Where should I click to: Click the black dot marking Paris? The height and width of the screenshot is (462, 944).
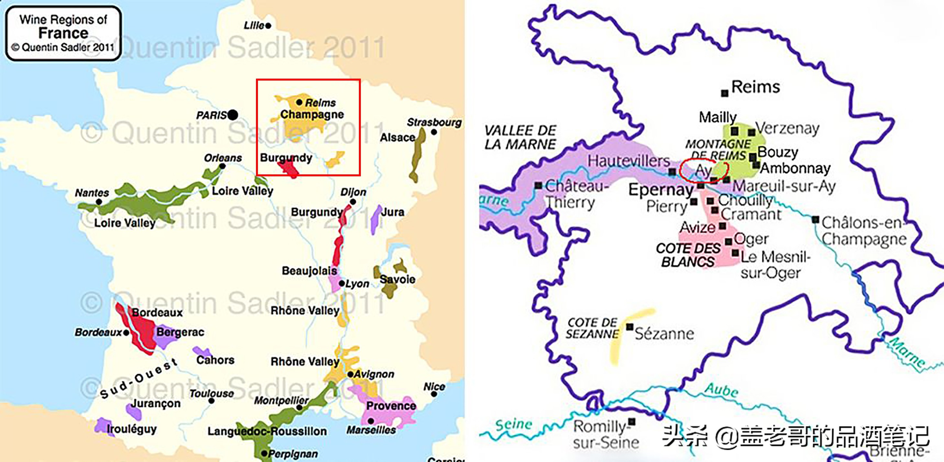233,115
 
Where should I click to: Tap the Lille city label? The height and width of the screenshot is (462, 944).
254,25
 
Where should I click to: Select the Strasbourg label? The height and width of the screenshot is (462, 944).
434,122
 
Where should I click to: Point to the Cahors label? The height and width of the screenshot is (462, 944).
215,360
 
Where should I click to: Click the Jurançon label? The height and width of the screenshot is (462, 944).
156,403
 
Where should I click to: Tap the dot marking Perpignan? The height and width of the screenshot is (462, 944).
264,453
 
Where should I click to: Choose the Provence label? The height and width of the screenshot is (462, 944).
391,406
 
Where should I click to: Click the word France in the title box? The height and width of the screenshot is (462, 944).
63,33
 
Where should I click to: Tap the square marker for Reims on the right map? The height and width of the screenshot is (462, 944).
725,93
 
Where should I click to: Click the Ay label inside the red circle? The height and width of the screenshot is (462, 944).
703,171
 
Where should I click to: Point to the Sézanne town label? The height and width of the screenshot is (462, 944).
664,334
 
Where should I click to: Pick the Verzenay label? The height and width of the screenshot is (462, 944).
787,128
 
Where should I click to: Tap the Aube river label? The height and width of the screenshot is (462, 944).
721,390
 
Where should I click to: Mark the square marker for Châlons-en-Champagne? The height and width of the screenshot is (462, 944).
816,219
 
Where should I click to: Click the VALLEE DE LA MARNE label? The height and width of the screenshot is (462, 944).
520,137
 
